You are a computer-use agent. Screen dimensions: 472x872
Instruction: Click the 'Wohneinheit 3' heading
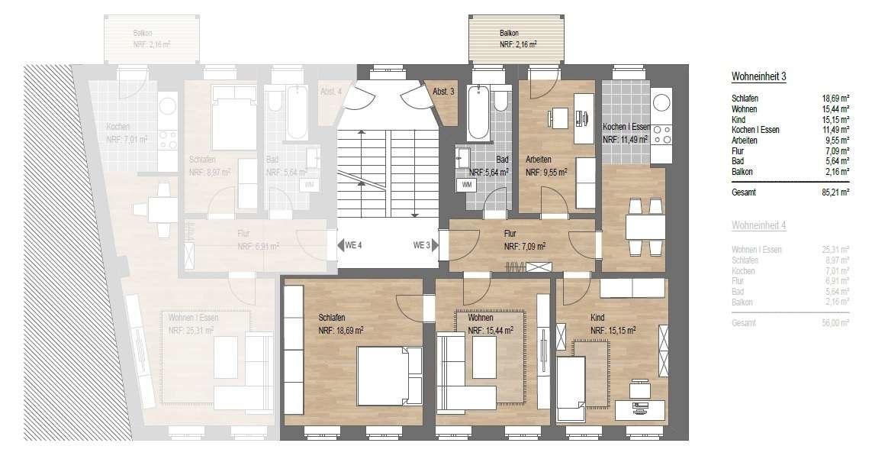(x=758, y=76)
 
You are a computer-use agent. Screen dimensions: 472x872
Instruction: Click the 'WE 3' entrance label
(x=422, y=245)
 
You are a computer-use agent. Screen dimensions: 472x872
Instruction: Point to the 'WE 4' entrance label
(x=353, y=245)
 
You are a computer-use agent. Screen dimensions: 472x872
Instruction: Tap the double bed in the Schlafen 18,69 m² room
(x=389, y=375)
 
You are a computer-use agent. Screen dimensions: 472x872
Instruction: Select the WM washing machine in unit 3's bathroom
(x=465, y=184)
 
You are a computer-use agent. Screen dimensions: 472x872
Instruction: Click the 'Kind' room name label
(x=598, y=317)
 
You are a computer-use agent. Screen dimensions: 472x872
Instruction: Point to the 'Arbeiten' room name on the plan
(x=539, y=160)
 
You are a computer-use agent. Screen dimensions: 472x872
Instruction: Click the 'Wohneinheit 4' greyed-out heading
(x=758, y=225)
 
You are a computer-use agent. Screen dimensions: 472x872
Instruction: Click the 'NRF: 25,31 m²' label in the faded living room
(x=191, y=331)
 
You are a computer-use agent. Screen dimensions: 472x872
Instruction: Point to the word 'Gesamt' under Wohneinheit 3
(x=743, y=192)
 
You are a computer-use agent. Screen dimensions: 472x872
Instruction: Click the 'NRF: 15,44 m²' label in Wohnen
(x=491, y=330)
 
